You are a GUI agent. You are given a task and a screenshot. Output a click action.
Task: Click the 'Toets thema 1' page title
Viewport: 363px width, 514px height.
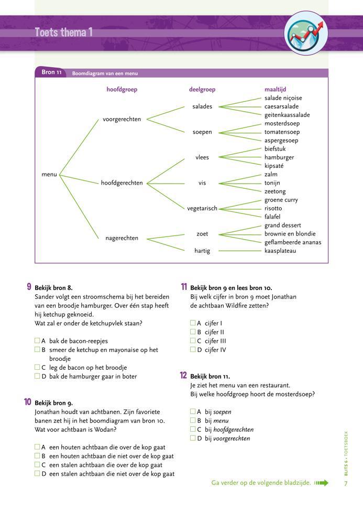point(63,33)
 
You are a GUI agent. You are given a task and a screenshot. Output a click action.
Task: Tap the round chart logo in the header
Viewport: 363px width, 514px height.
point(306,33)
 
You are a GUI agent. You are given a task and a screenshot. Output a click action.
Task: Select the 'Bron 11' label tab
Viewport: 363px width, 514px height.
point(51,72)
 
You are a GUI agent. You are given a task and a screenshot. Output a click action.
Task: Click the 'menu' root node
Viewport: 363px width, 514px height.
point(49,175)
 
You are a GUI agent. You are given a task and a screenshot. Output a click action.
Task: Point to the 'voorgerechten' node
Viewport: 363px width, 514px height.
point(122,120)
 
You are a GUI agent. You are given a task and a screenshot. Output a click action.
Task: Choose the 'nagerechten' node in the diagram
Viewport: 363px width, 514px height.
point(122,238)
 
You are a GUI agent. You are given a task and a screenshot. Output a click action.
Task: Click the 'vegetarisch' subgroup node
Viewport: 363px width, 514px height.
point(202,209)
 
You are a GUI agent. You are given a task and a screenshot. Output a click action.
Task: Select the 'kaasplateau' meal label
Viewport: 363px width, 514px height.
point(280,251)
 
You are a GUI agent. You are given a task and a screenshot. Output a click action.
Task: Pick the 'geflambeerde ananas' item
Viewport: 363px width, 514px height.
point(293,242)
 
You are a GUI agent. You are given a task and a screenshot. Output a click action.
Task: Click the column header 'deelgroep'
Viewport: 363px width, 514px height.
point(202,90)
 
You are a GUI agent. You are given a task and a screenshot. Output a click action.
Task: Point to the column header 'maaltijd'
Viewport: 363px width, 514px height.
point(275,90)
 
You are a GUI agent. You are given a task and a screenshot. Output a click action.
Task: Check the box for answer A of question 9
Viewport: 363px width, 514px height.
point(38,341)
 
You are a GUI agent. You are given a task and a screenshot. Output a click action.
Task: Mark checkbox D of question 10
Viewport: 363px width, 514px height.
point(38,474)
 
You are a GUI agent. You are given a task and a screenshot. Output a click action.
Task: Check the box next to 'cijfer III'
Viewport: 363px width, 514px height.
point(193,341)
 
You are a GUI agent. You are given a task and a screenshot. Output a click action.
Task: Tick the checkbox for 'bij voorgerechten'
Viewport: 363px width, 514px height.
point(193,438)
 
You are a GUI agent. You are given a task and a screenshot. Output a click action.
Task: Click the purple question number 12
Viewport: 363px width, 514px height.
point(183,376)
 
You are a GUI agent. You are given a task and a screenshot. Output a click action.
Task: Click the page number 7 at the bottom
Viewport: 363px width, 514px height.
point(346,483)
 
